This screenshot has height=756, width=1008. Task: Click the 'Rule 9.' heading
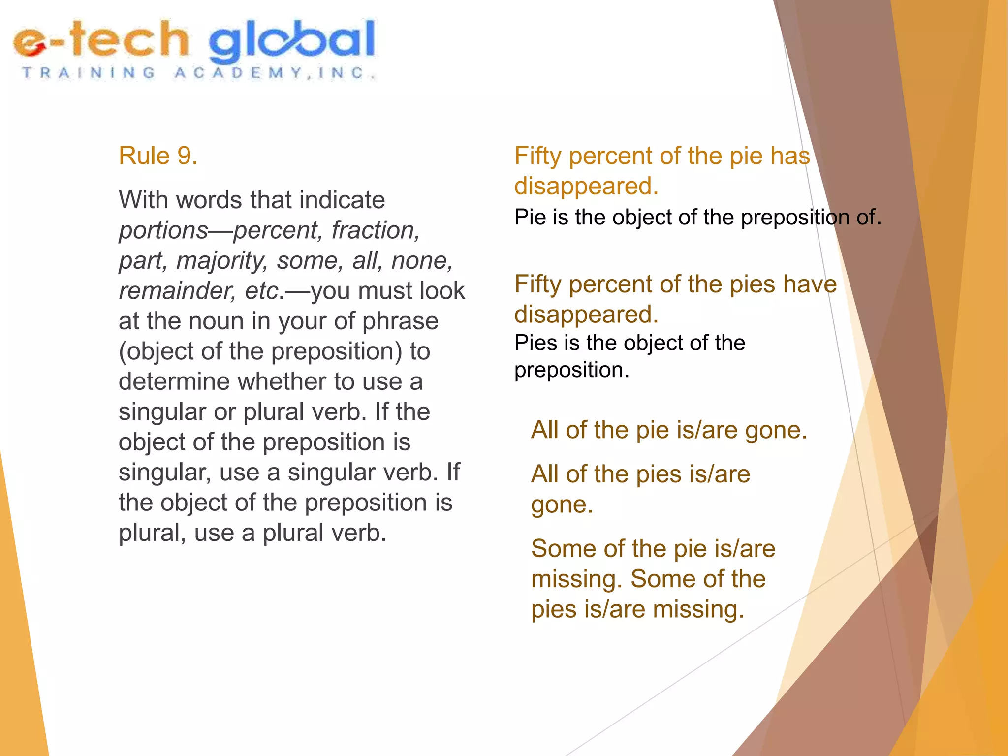click(x=158, y=156)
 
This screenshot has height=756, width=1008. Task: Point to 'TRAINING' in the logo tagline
click(x=89, y=73)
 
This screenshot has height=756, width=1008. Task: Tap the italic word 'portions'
click(x=163, y=230)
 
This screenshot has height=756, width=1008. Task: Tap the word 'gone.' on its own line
click(x=562, y=505)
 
